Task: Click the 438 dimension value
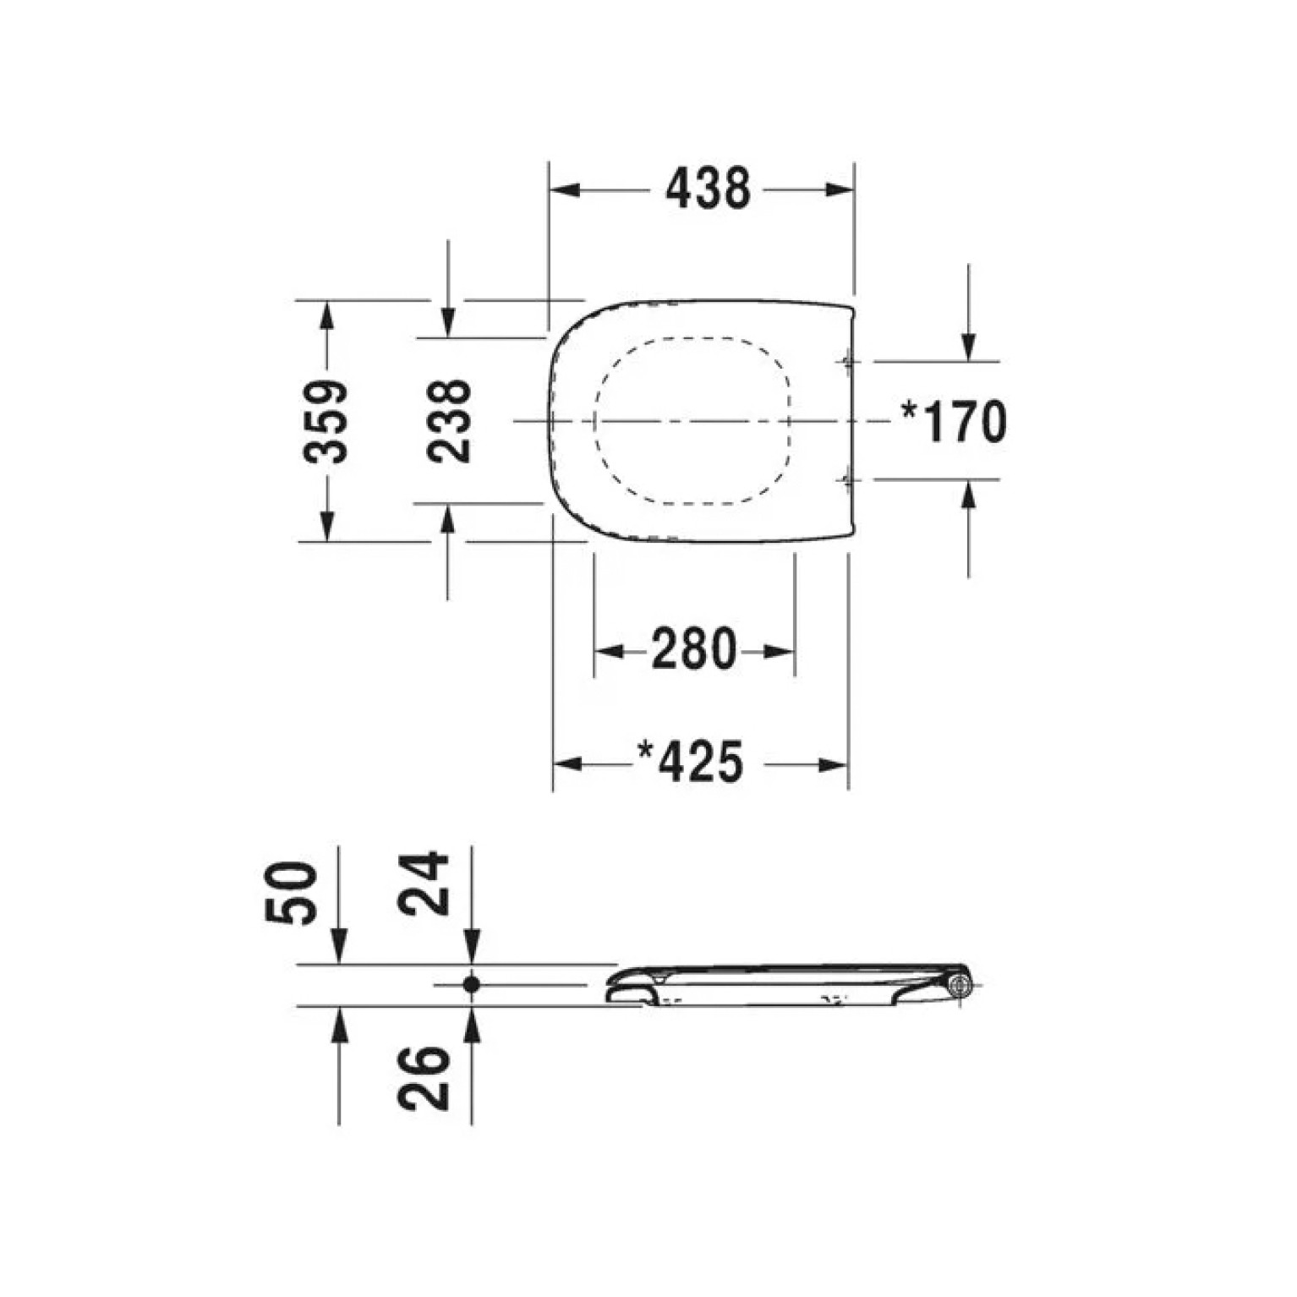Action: (x=708, y=189)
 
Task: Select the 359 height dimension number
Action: (x=326, y=420)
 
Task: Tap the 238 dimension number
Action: (x=448, y=420)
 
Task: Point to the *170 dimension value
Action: (x=954, y=421)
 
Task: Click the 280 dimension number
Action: (x=693, y=649)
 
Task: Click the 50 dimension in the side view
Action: (x=292, y=892)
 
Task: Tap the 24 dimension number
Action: (x=424, y=883)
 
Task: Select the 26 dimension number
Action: (x=424, y=1078)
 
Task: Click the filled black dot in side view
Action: (x=472, y=984)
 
